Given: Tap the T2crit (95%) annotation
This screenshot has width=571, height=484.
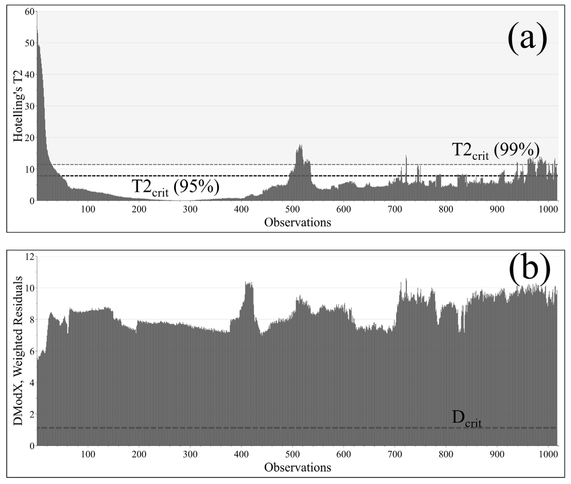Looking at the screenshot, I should tap(175, 188).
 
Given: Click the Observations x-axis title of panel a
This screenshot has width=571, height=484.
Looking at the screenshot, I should tap(297, 222).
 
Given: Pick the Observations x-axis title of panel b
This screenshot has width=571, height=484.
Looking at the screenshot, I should tap(297, 467).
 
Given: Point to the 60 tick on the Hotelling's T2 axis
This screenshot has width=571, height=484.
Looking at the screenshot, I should tap(29, 12).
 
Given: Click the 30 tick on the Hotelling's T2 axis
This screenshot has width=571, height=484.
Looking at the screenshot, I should tap(29, 106).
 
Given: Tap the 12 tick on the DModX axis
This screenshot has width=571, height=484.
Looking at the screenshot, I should tap(30, 257).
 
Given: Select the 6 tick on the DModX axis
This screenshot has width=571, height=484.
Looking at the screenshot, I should tap(32, 351).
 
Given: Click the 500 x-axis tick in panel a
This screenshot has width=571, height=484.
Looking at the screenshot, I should tap(293, 210).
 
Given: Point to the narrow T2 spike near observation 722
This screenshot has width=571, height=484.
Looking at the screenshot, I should tap(406, 156).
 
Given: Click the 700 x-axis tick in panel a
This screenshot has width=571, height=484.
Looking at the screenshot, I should tap(395, 210).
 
